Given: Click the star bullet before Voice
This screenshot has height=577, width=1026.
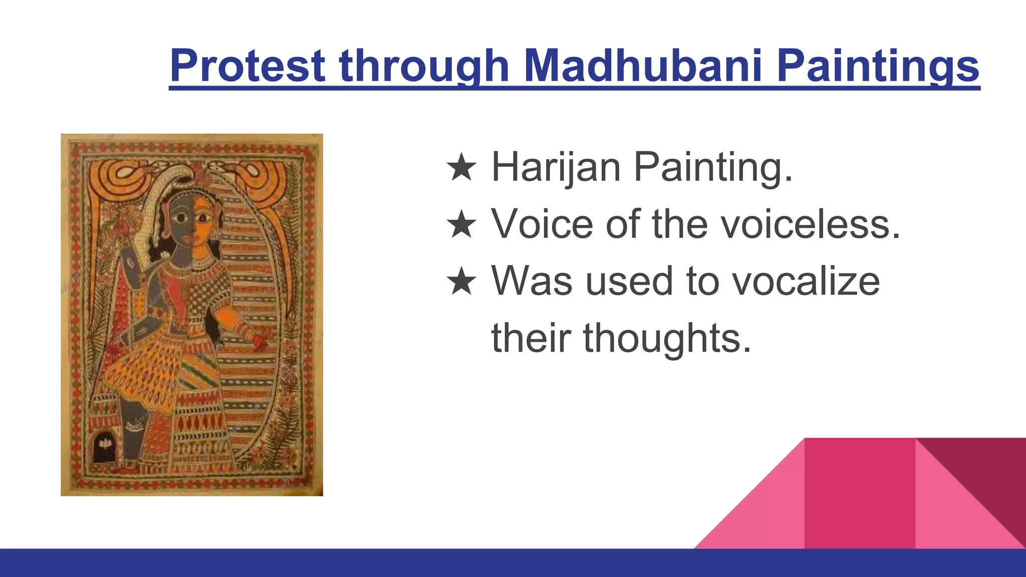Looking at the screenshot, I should click(461, 225).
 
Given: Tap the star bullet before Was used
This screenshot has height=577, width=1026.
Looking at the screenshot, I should click(461, 282).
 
